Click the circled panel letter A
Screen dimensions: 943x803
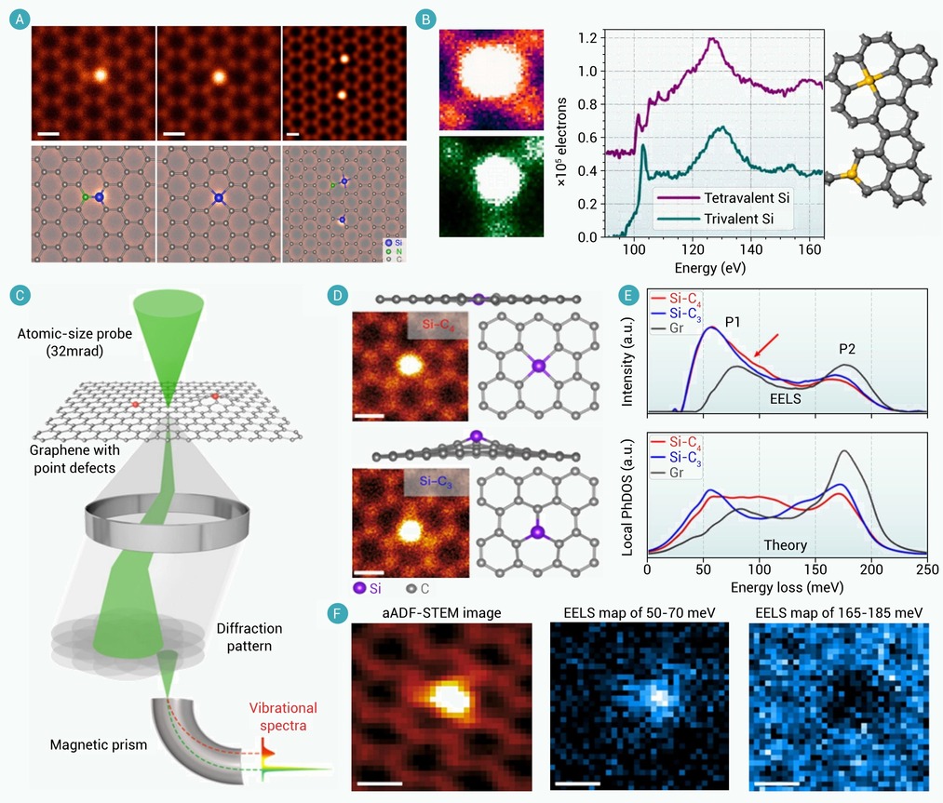pyautogui.click(x=20, y=20)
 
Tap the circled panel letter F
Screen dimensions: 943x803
pyautogui.click(x=338, y=613)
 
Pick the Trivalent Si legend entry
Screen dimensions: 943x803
pyautogui.click(x=716, y=219)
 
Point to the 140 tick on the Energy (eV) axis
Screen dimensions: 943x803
pyautogui.click(x=751, y=249)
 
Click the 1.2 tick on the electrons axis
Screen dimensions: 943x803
pyautogui.click(x=587, y=38)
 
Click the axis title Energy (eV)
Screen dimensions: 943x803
pyautogui.click(x=710, y=268)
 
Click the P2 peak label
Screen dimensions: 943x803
pyautogui.click(x=847, y=349)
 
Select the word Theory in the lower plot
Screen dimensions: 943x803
pyautogui.click(x=785, y=545)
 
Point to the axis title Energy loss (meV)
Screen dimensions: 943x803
pyautogui.click(x=787, y=587)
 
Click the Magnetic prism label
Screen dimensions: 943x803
pyautogui.click(x=99, y=745)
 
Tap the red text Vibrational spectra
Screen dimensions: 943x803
pyautogui.click(x=283, y=716)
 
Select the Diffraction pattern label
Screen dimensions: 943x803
pyautogui.click(x=249, y=637)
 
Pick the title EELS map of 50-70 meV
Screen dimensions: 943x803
pyautogui.click(x=640, y=613)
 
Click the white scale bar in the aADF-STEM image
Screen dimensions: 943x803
pyautogui.click(x=380, y=783)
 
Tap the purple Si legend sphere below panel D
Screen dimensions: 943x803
pyautogui.click(x=359, y=588)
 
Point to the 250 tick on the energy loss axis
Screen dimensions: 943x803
pyautogui.click(x=927, y=569)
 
